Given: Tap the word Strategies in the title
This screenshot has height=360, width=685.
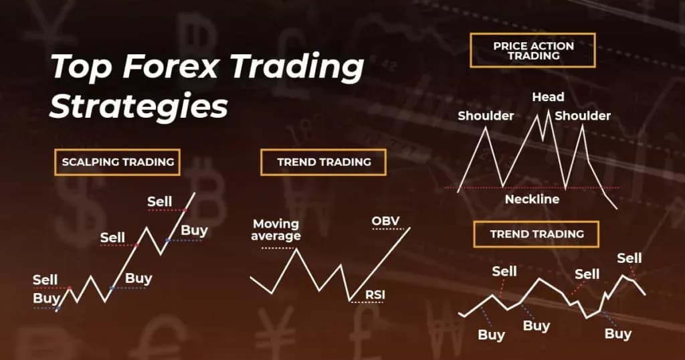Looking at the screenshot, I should [x=138, y=107].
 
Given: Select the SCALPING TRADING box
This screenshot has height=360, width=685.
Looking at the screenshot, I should [x=118, y=162].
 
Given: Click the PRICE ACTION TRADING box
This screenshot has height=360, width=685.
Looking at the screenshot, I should [x=533, y=51].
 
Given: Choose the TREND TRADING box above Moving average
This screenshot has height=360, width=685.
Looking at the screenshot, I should [x=324, y=162].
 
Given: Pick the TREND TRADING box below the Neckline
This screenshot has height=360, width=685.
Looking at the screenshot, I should [x=536, y=234].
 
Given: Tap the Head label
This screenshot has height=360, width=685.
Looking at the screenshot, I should [x=548, y=98].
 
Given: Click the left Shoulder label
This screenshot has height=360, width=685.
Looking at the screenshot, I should [x=486, y=116].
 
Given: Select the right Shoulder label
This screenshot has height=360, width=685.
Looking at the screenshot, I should [x=583, y=116].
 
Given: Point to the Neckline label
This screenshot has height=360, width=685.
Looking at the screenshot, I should [x=532, y=199].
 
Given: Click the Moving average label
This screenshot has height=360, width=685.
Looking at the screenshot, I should [x=276, y=230].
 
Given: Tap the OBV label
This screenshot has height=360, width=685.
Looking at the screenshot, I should [x=385, y=221].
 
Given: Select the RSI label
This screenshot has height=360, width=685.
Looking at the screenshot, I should [x=375, y=294].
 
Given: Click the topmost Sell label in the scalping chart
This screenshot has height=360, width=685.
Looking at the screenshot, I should [x=160, y=201].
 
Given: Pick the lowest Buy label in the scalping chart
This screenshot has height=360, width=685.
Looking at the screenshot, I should [x=46, y=298].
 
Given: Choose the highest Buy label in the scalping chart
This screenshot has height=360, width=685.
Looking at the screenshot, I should [x=194, y=231].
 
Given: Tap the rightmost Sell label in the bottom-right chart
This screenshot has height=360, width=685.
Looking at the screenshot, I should [x=629, y=258].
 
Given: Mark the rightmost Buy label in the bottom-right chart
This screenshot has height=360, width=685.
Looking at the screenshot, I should [x=617, y=333].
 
